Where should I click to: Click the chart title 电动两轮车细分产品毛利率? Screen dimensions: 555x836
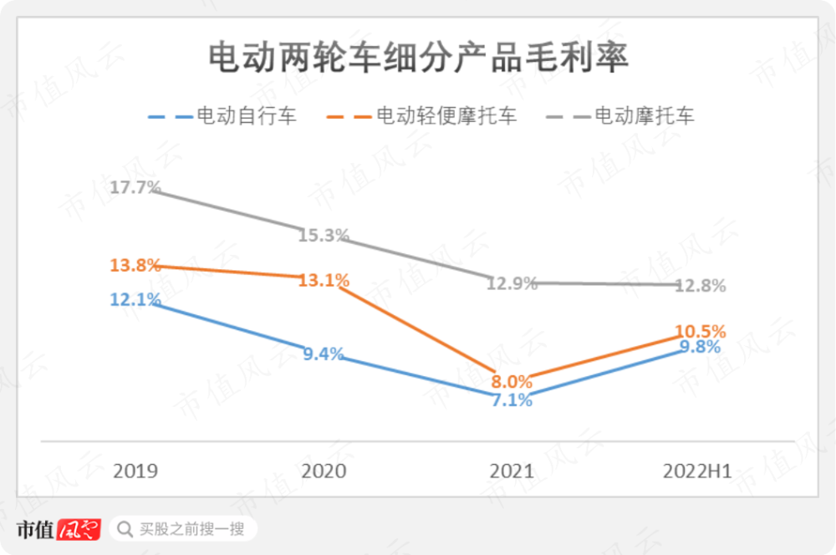pos(417,59)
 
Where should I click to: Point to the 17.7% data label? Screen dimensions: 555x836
pos(135,187)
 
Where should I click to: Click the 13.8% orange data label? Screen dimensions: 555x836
pos(135,266)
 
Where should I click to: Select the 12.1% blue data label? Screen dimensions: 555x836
pos(135,299)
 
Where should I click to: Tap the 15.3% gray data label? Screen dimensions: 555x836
pos(324,236)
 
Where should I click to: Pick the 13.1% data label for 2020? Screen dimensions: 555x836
pos(324,281)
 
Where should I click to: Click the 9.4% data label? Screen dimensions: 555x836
pos(324,354)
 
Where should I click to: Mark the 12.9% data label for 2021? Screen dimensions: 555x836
pos(512,283)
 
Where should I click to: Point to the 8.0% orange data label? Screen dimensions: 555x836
pos(512,382)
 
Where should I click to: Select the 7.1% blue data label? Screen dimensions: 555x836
pos(512,400)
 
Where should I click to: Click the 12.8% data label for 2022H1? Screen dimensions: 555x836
pos(701,286)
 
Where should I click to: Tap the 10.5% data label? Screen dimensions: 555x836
pos(701,331)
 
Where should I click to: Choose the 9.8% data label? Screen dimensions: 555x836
pos(701,347)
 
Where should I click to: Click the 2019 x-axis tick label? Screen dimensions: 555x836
pos(135,471)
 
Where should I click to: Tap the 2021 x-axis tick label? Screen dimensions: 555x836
pos(512,471)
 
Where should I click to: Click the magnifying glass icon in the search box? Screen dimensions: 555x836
pos(125,529)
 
